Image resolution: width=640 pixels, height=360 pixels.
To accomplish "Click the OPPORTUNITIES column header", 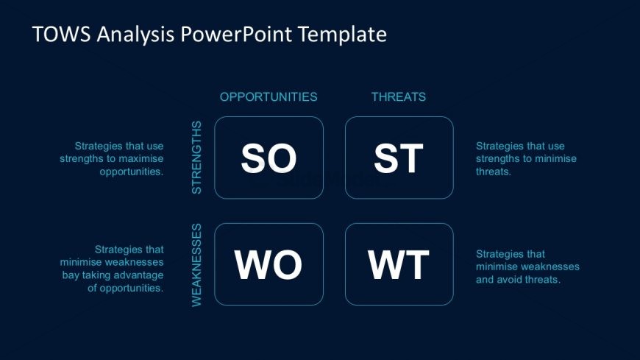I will point(269,96).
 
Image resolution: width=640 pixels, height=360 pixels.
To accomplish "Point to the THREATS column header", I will point(399,96).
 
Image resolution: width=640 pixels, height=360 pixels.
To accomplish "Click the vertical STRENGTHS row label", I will point(196,158).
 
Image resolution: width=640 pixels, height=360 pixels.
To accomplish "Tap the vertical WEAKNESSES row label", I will point(196,265).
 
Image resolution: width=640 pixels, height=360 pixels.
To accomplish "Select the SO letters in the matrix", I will point(269,158).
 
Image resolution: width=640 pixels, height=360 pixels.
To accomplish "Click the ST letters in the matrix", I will point(399,158).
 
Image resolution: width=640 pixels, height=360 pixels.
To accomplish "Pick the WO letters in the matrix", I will point(269,265).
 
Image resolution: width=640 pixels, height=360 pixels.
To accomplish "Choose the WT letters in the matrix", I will point(399,265).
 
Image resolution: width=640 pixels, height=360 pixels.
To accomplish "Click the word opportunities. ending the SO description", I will point(132,172).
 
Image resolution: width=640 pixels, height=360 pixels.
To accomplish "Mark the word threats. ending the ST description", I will point(494,172).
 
